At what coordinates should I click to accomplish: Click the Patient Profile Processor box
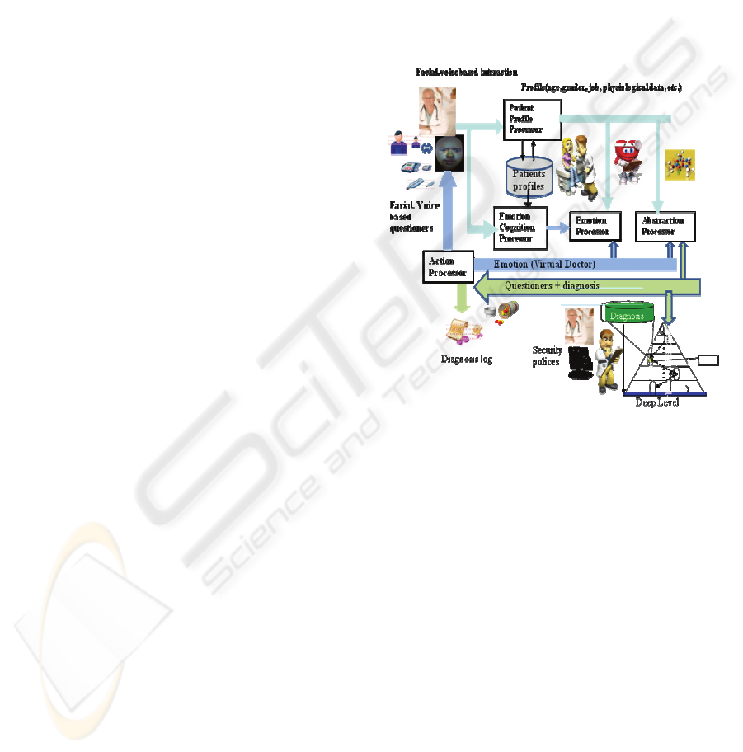531,119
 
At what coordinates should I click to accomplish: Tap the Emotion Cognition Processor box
520,228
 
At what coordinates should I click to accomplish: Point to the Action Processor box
447,266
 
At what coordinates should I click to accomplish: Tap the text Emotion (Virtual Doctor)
544,265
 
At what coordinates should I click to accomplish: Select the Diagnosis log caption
467,360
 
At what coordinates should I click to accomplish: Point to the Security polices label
548,356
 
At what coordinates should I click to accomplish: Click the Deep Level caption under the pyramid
656,402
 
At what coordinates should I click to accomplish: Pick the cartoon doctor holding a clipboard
606,359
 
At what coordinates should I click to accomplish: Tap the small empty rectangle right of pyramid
709,359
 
